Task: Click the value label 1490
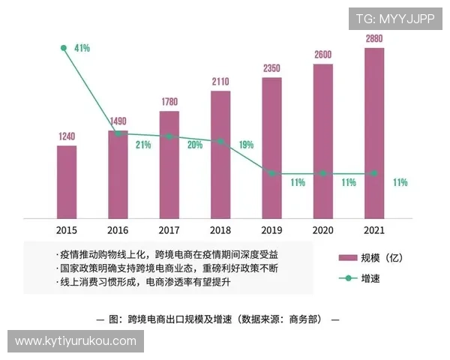pyautogui.click(x=118, y=121)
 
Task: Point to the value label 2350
pyautogui.click(x=271, y=69)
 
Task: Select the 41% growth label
pyautogui.click(x=82, y=48)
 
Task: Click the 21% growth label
pyautogui.click(x=143, y=145)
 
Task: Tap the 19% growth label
pyautogui.click(x=246, y=145)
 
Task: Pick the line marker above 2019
pyautogui.click(x=271, y=173)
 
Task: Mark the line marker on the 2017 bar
pyautogui.click(x=169, y=136)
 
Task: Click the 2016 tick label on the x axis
pyautogui.click(x=118, y=229)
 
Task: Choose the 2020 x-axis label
pyautogui.click(x=322, y=229)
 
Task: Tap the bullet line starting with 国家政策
pyautogui.click(x=172, y=268)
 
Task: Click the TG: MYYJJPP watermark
pyautogui.click(x=394, y=19)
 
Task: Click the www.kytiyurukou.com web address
pyautogui.click(x=75, y=341)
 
